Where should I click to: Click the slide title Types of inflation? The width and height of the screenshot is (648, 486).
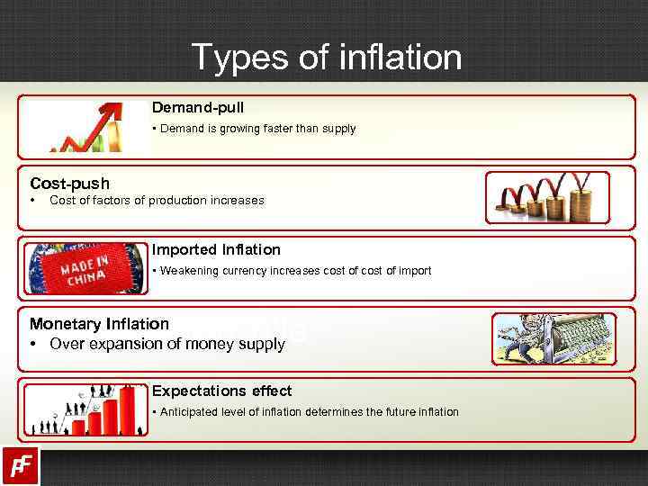[x=326, y=58]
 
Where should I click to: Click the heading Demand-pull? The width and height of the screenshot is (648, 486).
[x=197, y=107]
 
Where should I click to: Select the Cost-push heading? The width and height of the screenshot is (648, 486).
[x=69, y=184]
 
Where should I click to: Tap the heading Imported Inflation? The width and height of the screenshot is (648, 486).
[x=216, y=249]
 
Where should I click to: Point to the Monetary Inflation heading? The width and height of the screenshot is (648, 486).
[x=99, y=323]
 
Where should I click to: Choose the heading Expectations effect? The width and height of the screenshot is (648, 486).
[x=221, y=391]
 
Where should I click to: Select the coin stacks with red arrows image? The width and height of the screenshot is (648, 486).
[x=547, y=197]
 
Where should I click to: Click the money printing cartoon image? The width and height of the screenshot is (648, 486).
[x=553, y=338]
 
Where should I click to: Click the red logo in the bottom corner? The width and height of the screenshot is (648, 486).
[x=20, y=465]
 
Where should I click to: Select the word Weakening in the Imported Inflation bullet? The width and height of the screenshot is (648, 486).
[x=187, y=271]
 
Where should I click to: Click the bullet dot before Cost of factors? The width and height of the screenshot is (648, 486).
[x=32, y=200]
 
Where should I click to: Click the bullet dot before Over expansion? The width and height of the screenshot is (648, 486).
[x=32, y=344]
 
